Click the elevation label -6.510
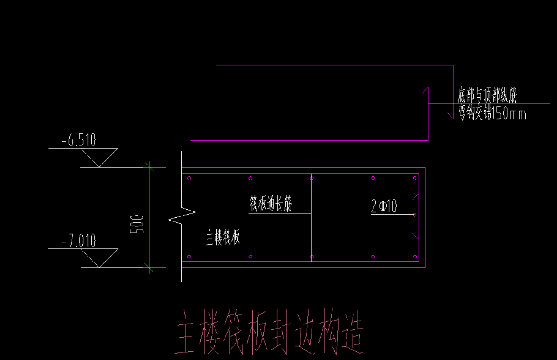pos(79,140)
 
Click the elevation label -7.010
pos(79,241)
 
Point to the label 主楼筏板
pos(223,238)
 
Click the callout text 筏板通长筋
pos(271,204)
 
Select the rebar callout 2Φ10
pos(384,206)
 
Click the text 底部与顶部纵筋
pos(487,95)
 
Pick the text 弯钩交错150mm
pos(492,113)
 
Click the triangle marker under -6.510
pos(99,157)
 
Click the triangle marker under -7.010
pos(99,258)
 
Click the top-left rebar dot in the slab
pos(189,178)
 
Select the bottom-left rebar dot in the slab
pos(189,257)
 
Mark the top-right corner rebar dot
pos(415,178)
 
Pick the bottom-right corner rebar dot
pos(415,257)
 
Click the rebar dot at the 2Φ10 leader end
pos(414,214)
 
